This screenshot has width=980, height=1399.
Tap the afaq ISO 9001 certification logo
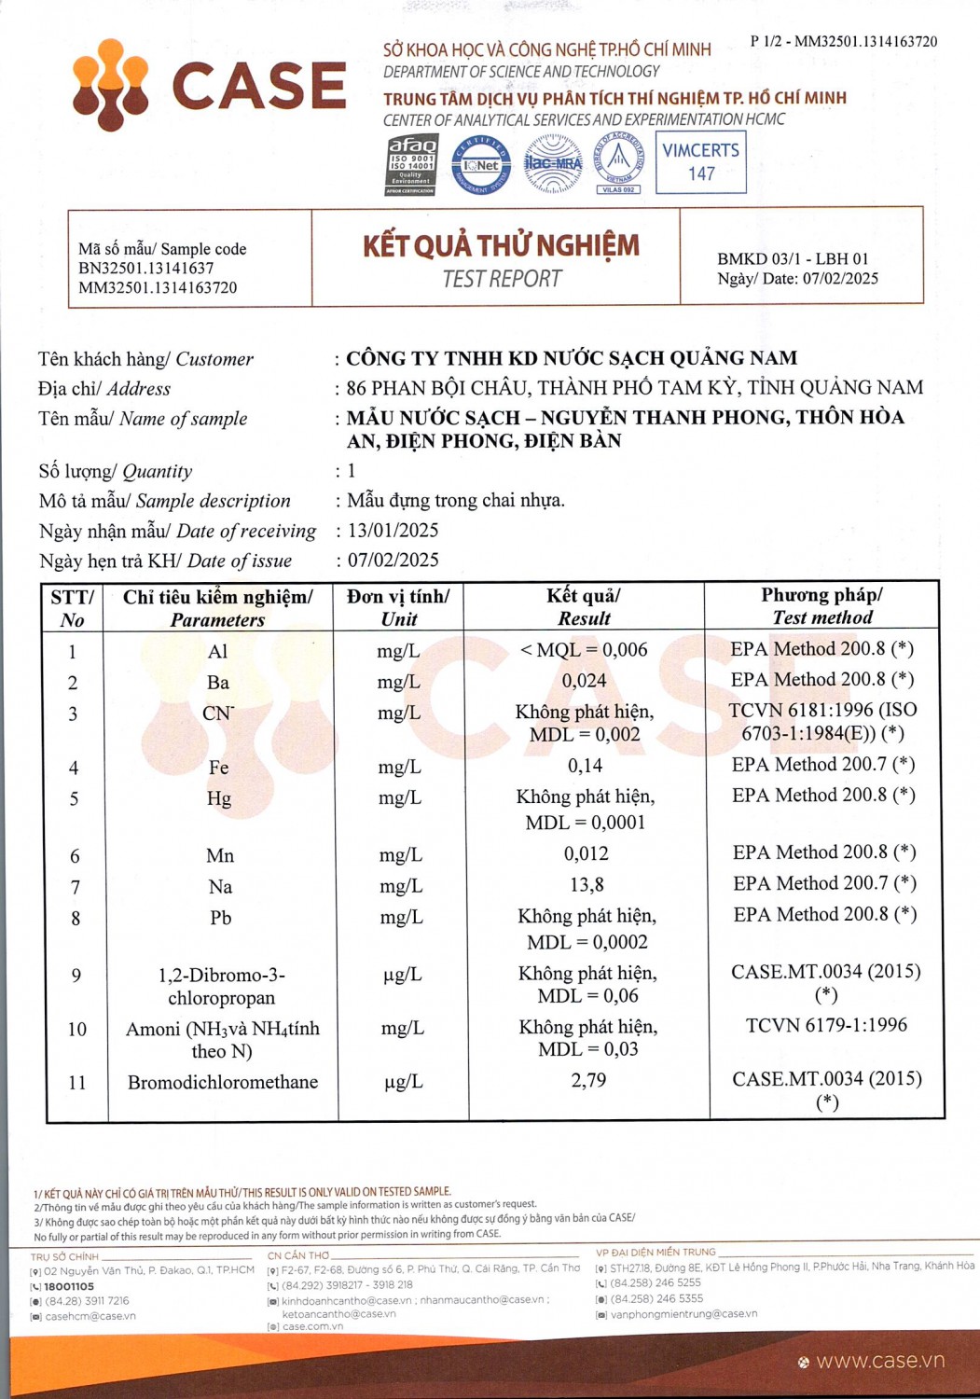[x=411, y=164]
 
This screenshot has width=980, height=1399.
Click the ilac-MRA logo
[x=553, y=164]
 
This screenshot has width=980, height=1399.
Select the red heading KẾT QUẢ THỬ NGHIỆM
[x=501, y=245]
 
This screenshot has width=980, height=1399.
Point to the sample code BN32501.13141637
[x=146, y=269]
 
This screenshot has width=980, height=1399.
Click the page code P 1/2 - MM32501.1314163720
[x=843, y=41]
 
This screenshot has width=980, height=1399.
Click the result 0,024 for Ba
[x=585, y=681]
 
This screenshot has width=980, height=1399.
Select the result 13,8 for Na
[x=585, y=884]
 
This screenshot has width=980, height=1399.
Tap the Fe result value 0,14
[x=585, y=766]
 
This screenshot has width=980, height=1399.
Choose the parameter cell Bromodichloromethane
[x=223, y=1082]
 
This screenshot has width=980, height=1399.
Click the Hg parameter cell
[x=219, y=798]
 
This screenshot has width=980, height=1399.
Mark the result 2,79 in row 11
[x=588, y=1080]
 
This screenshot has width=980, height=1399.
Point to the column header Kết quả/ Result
[x=584, y=606]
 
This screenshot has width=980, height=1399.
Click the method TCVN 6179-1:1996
[x=826, y=1025]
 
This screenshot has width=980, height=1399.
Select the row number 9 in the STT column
[x=76, y=976]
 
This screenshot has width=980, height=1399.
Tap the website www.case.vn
[x=879, y=1361]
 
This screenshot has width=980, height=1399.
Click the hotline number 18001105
[x=69, y=1286]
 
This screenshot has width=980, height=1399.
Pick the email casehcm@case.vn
[x=90, y=1316]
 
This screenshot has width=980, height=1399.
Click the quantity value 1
[x=352, y=471]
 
